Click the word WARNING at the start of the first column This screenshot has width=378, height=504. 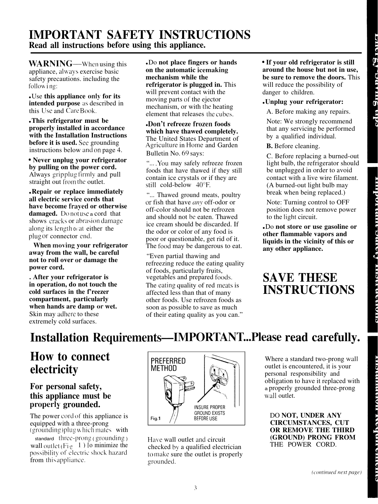(51, 64)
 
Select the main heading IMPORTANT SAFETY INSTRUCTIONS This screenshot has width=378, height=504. (140, 35)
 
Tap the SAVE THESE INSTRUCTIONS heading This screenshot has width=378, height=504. (308, 283)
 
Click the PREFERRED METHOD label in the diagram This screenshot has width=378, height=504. (168, 364)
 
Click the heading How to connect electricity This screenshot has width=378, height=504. (70, 363)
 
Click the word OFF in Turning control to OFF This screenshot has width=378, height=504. (343, 202)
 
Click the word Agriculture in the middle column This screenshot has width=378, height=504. (162, 145)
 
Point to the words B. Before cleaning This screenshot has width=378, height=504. (293, 146)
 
